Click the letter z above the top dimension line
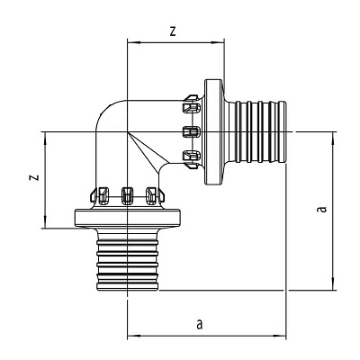click(x=173, y=31)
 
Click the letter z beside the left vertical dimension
click(x=35, y=177)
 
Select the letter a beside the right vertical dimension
click(x=322, y=209)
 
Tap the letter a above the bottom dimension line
click(x=200, y=324)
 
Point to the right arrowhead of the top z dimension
click(x=218, y=42)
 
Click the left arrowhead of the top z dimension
click(x=134, y=42)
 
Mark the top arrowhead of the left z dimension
click(x=45, y=139)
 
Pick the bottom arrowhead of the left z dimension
click(x=45, y=221)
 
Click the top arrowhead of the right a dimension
click(x=333, y=139)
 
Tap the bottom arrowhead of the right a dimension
click(x=333, y=283)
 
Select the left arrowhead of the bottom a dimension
click(x=134, y=336)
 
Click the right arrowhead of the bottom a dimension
click(x=279, y=336)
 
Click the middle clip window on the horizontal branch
click(x=191, y=132)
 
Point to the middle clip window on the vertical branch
click(x=127, y=196)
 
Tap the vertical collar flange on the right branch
click(x=214, y=132)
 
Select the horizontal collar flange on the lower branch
click(x=127, y=218)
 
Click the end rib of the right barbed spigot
click(x=283, y=132)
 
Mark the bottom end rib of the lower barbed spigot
click(x=127, y=286)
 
